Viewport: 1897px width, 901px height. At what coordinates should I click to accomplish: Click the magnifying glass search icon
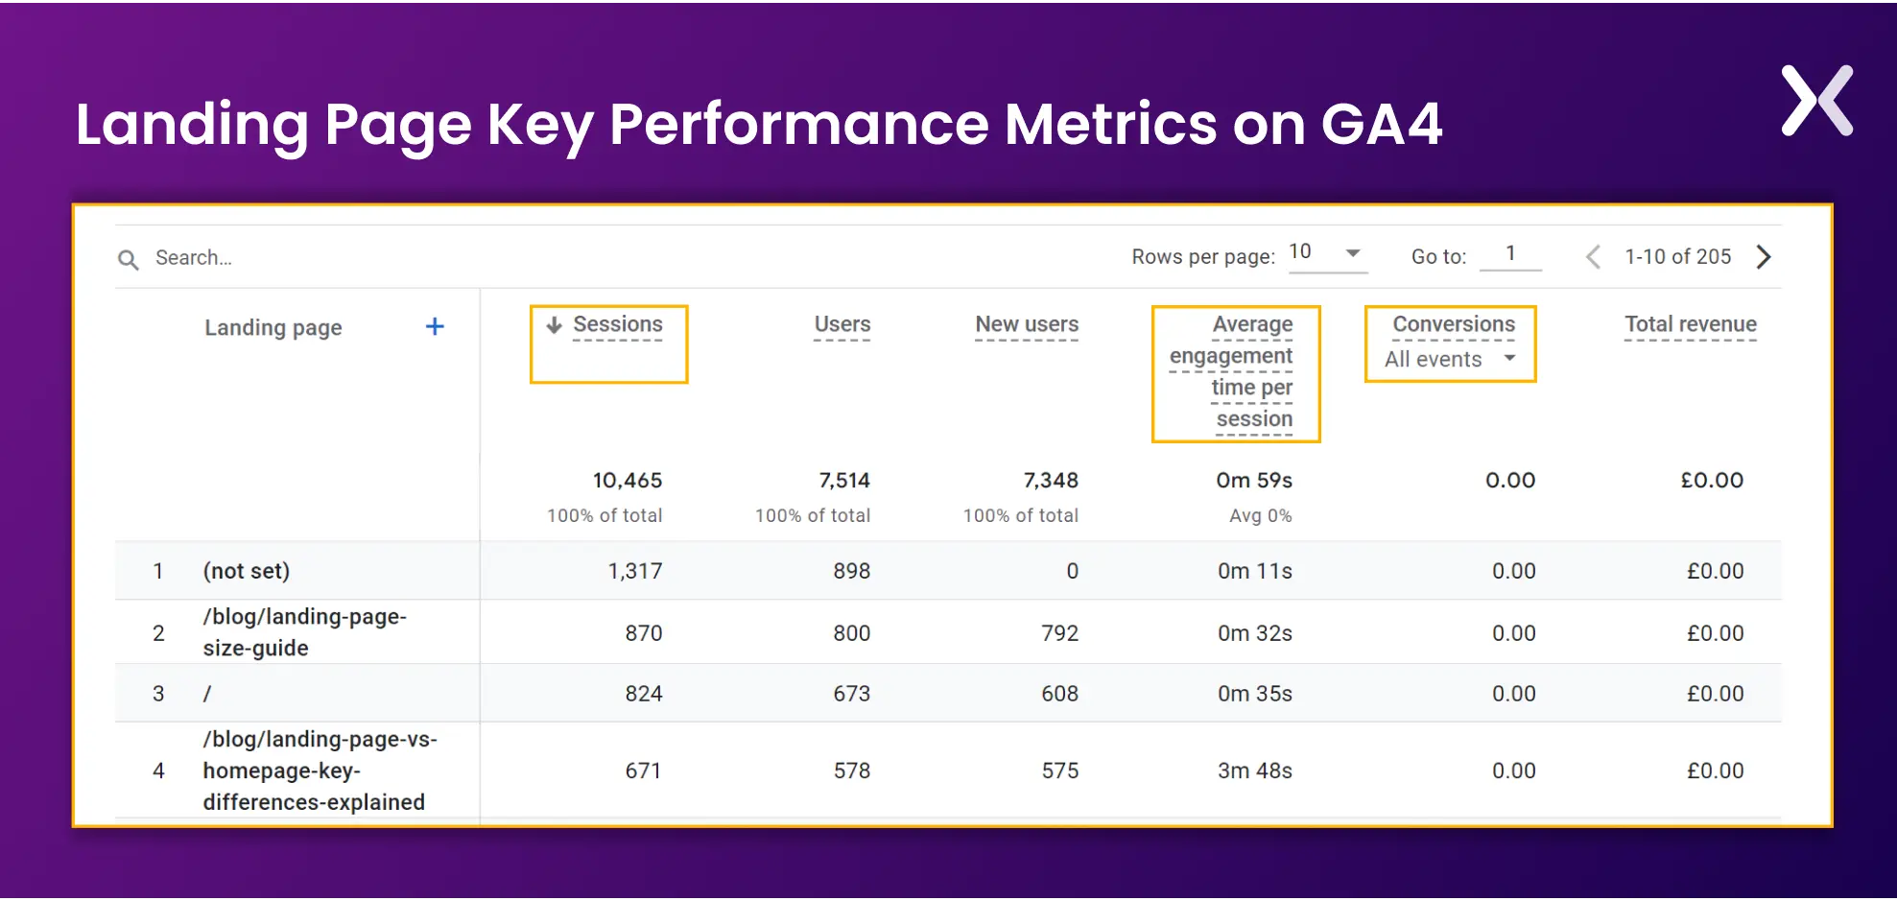tap(128, 259)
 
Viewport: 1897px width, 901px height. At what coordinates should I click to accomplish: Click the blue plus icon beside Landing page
tap(435, 327)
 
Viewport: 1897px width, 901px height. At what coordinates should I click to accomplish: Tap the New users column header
tap(1027, 325)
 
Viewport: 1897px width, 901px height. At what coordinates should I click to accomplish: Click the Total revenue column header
tap(1690, 325)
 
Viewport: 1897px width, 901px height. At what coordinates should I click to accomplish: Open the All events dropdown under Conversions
tap(1450, 360)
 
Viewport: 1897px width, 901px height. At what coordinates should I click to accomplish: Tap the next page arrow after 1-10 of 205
tap(1764, 257)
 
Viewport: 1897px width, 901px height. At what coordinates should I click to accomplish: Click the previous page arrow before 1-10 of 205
tap(1593, 257)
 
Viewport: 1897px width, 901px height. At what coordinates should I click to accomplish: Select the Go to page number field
tap(1510, 254)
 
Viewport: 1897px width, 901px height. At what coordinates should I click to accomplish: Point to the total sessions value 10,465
tap(628, 481)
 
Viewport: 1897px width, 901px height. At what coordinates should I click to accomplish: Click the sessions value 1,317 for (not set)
tap(635, 572)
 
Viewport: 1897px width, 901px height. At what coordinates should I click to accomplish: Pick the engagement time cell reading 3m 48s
tap(1255, 771)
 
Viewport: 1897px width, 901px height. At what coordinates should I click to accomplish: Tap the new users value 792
tap(1060, 634)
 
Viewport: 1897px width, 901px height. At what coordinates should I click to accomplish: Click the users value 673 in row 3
tap(852, 695)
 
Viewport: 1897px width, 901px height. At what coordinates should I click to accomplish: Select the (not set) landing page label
tap(247, 572)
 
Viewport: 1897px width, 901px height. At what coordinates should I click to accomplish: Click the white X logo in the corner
tap(1816, 101)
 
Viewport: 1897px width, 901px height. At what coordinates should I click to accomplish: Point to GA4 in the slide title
tap(1382, 125)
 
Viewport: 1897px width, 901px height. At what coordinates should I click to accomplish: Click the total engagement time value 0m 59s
tap(1254, 481)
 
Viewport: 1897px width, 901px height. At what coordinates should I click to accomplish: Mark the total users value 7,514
tap(844, 481)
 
